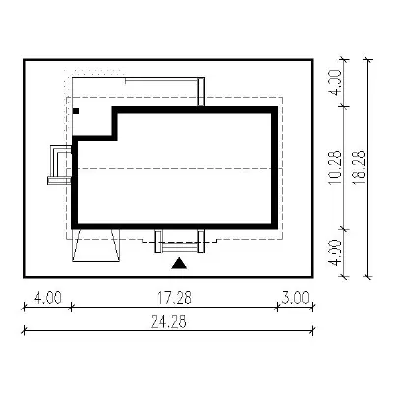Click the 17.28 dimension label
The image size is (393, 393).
(x=174, y=298)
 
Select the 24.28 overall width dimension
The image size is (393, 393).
(x=169, y=322)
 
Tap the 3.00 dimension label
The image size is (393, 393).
(x=296, y=298)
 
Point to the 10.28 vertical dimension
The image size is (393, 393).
(x=335, y=168)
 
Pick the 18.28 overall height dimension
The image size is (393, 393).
(x=359, y=168)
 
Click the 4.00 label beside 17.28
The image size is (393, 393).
(x=48, y=298)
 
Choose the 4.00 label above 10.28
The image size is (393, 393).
(x=335, y=83)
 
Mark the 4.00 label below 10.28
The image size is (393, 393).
(x=335, y=253)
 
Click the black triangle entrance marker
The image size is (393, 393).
(x=179, y=263)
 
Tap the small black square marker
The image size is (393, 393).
(x=76, y=111)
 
